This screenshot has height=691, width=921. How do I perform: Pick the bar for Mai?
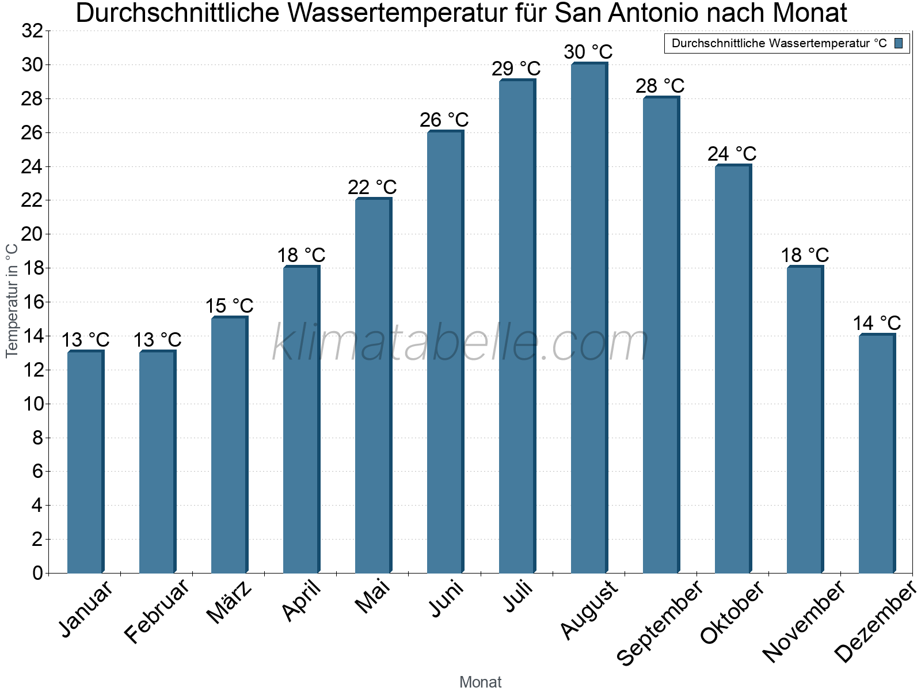pos(373,386)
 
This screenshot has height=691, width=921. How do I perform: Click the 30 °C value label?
pos(588,52)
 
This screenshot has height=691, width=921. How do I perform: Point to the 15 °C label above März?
pos(229,306)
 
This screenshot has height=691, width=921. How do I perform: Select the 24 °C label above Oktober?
pos(732,154)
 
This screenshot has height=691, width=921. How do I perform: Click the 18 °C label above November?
pos(804,255)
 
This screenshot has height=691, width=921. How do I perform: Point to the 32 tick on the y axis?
pos(32,31)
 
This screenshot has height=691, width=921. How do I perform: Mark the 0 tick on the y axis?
pos(37,573)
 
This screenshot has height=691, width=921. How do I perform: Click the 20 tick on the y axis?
pos(32,234)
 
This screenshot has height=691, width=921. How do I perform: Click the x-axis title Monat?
pos(480,682)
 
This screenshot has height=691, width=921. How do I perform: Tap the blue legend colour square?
pos(899,43)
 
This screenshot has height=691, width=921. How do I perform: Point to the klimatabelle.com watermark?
pos(461,343)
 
